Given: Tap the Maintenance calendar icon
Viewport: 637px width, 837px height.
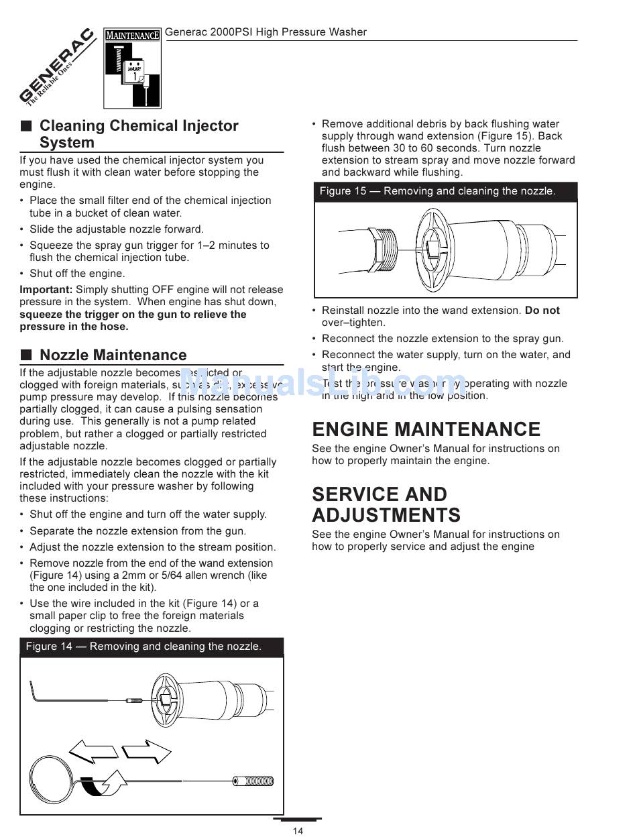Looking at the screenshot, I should pos(132,68).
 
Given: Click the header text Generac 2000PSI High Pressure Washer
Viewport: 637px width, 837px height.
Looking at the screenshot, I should pos(266,32).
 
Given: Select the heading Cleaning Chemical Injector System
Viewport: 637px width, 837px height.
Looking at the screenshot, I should pos(139,134).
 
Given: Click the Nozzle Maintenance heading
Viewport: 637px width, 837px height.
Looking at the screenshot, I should pos(113,355).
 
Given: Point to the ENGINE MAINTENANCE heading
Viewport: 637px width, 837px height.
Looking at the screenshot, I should pos(426,429).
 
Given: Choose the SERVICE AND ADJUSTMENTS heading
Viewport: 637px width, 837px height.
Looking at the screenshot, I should pos(386,504).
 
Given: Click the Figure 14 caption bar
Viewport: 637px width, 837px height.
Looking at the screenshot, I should pos(152,647).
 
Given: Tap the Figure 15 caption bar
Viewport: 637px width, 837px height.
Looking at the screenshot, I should pos(445,191).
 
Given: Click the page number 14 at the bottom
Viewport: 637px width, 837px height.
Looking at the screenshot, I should pos(298,831).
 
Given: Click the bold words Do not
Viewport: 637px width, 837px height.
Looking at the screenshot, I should pos(542,311).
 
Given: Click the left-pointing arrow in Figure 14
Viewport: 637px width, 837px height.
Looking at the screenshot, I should pos(93,752).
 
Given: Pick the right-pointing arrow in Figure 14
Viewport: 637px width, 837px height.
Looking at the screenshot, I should pos(147,752).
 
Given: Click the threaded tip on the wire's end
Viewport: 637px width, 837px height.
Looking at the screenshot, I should pos(253,781).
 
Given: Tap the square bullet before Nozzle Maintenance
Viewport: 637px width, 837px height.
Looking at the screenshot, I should pos(26,355).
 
